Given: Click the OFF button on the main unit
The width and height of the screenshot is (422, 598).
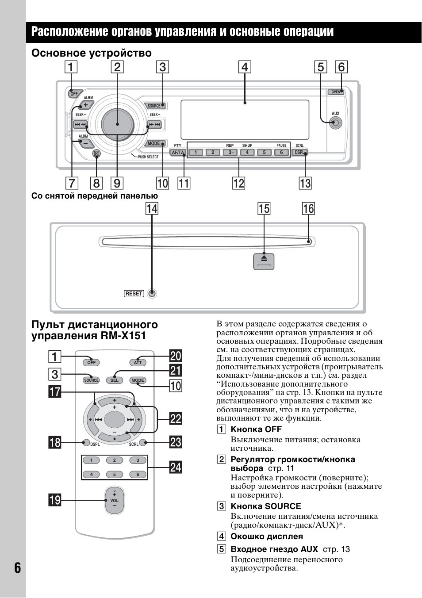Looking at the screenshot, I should tap(73, 93).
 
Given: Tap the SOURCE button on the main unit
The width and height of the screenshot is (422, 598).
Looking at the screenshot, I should tap(155, 106).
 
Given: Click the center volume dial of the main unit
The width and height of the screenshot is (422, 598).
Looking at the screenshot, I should tap(117, 124).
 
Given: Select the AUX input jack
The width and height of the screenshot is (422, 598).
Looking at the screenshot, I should tap(336, 123).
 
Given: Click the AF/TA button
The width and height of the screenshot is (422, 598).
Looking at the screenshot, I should tap(177, 153).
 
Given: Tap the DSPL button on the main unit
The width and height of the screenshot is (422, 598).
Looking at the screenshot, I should tap(299, 153).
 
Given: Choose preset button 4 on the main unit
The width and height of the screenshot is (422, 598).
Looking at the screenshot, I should tap(247, 153).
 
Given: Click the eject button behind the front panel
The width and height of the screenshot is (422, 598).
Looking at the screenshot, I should tap(264, 261).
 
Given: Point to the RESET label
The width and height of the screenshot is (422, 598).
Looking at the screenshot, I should tap(134, 294).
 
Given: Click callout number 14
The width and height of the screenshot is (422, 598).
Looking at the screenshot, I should tap(152, 209).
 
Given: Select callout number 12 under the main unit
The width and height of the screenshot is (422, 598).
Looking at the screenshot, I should tap(238, 183).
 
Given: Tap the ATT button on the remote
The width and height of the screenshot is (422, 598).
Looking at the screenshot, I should tap(138, 362).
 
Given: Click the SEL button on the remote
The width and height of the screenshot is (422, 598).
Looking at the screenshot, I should tap(114, 380).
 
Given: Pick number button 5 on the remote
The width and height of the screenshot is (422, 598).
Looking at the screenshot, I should tap(114, 475).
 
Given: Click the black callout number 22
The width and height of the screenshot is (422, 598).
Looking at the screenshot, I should tap(176, 418).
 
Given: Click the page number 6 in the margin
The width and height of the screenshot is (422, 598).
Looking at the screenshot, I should tap(17, 567).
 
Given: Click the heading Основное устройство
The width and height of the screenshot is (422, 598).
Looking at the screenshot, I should tap(91, 54).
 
